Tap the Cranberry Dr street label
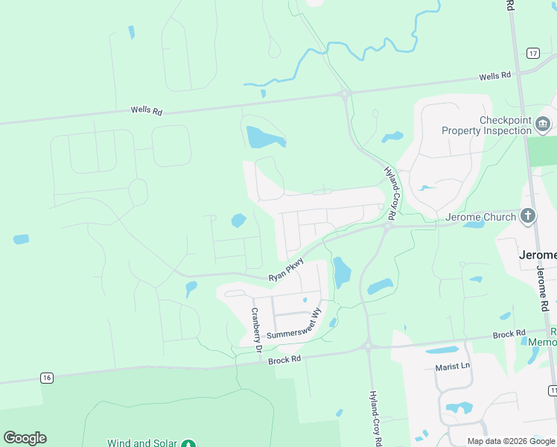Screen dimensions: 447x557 255,329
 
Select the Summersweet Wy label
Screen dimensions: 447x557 293,326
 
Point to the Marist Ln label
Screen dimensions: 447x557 453,367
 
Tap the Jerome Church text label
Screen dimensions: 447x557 480,217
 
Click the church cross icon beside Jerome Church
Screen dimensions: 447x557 528,216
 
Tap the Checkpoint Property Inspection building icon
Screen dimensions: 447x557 543,123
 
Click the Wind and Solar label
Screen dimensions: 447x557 141,443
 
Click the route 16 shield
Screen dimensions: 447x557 48,378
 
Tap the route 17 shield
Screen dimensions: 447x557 532,53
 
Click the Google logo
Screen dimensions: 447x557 25,438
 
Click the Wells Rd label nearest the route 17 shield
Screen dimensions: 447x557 495,76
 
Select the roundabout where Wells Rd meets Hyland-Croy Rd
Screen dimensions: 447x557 345,94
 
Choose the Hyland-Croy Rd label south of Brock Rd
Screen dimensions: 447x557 375,418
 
